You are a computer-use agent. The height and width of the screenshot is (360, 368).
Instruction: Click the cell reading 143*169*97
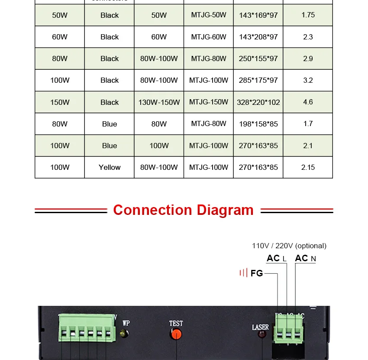[x=258, y=15]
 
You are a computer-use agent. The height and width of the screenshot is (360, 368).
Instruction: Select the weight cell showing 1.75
[x=308, y=15]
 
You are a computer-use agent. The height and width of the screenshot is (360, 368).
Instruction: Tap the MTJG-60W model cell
[x=209, y=37]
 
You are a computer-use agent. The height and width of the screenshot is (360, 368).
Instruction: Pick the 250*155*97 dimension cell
[x=258, y=58]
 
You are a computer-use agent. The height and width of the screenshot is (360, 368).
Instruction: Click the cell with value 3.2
[x=308, y=80]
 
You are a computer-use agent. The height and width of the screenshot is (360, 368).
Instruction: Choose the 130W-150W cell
[x=159, y=102]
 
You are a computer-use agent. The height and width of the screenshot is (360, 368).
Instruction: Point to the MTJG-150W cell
[x=209, y=102]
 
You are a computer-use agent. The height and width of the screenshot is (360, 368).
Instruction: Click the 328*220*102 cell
[x=258, y=102]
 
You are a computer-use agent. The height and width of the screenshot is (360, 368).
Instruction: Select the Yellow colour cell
[x=110, y=167]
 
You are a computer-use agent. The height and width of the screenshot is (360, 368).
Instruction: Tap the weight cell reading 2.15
[x=308, y=167]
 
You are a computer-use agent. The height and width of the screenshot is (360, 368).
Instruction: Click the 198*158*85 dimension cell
[x=258, y=124]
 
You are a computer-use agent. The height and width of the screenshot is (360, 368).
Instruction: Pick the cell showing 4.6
[x=308, y=102]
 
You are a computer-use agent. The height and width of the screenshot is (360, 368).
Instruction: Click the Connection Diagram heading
[x=183, y=210]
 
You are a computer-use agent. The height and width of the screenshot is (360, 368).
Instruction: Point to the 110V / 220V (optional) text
[x=289, y=246]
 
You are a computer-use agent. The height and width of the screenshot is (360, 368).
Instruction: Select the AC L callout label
[x=276, y=259]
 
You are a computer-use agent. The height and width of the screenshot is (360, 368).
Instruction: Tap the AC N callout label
[x=305, y=259]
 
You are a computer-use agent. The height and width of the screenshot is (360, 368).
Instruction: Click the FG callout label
[x=256, y=273]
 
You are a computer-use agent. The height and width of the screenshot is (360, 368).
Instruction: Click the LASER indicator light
[x=261, y=335]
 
